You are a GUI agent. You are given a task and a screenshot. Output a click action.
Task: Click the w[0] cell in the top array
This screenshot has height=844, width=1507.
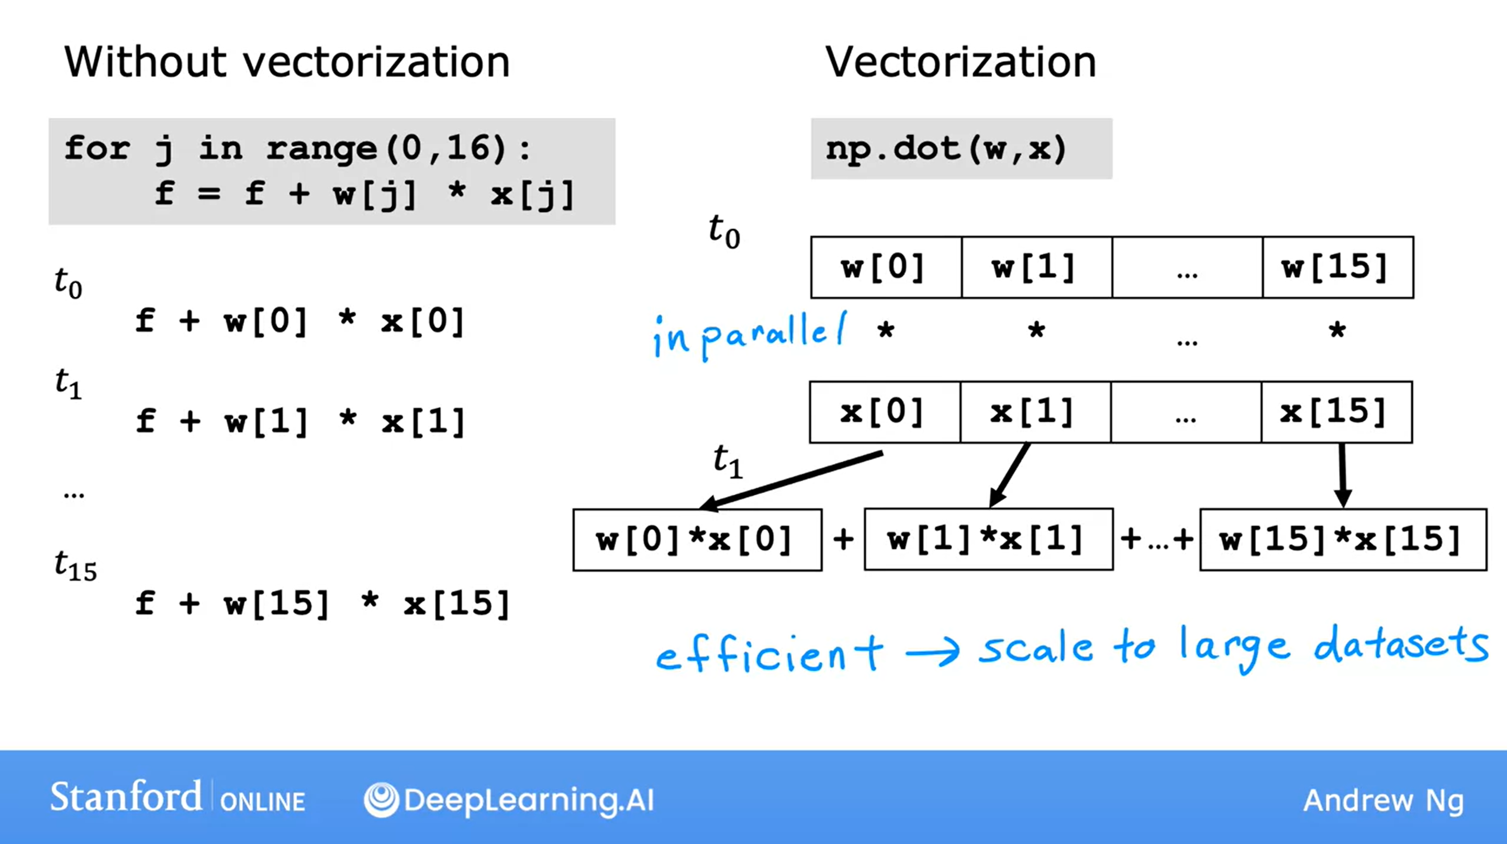(x=886, y=268)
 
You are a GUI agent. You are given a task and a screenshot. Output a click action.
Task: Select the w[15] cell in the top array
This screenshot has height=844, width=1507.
(x=1337, y=268)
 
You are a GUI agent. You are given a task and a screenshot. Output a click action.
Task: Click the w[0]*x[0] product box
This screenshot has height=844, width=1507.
(x=697, y=539)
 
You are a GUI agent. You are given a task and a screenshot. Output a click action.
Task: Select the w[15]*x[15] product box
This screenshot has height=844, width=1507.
(x=1343, y=539)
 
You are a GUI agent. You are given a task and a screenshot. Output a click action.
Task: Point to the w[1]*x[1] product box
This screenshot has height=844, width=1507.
(x=988, y=539)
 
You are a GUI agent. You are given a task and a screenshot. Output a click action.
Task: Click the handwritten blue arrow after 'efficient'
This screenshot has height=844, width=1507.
(x=933, y=651)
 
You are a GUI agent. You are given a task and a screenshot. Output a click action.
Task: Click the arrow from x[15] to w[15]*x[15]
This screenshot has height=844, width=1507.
(x=1343, y=474)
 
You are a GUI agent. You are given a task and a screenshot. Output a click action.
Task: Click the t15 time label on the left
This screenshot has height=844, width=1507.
(x=75, y=567)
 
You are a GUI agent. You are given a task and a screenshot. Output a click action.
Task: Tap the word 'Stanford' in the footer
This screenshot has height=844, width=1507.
(x=126, y=797)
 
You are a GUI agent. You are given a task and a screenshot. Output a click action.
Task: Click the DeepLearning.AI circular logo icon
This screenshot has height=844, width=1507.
(x=381, y=799)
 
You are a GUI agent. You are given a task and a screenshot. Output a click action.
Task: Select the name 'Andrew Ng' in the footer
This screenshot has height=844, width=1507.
(x=1383, y=801)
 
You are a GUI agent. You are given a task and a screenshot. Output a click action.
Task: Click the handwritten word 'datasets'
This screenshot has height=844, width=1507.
(x=1401, y=645)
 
